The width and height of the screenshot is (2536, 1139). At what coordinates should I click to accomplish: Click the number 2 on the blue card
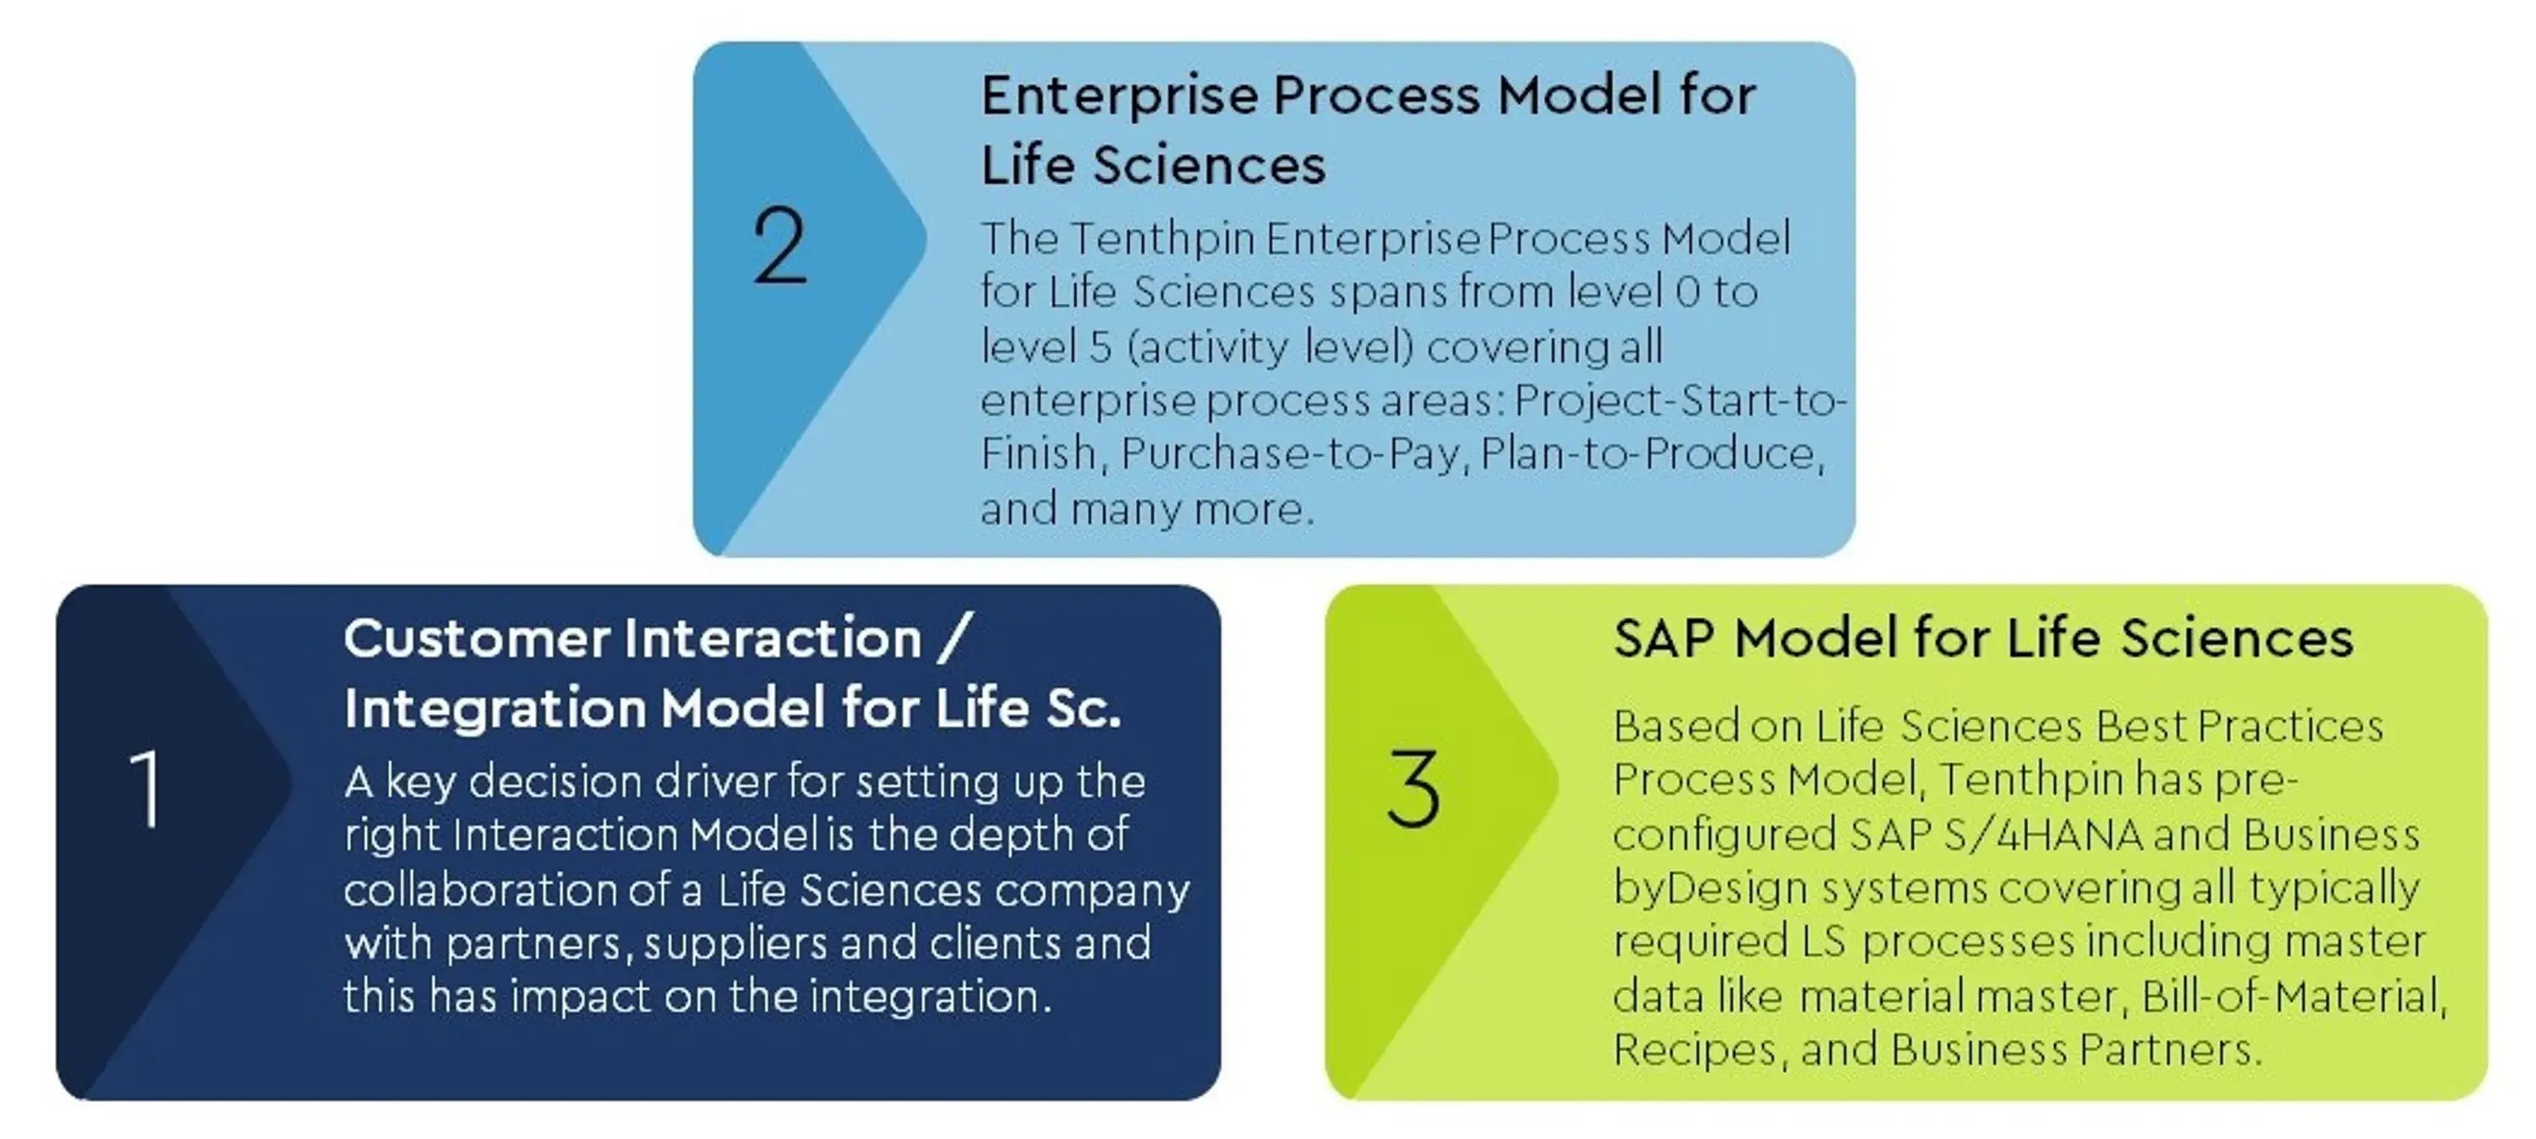[x=779, y=245]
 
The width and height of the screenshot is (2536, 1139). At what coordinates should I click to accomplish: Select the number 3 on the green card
[x=1413, y=787]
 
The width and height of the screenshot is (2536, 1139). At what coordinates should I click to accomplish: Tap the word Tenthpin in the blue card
[x=1162, y=238]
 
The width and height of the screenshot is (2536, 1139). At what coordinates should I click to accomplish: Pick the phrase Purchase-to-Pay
[x=1290, y=454]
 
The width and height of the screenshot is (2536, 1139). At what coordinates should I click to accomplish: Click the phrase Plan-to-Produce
[x=1651, y=454]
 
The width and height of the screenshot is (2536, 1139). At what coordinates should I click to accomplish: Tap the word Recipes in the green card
[x=1694, y=1050]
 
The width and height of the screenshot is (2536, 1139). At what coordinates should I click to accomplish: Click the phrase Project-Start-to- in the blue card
[x=1681, y=400]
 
